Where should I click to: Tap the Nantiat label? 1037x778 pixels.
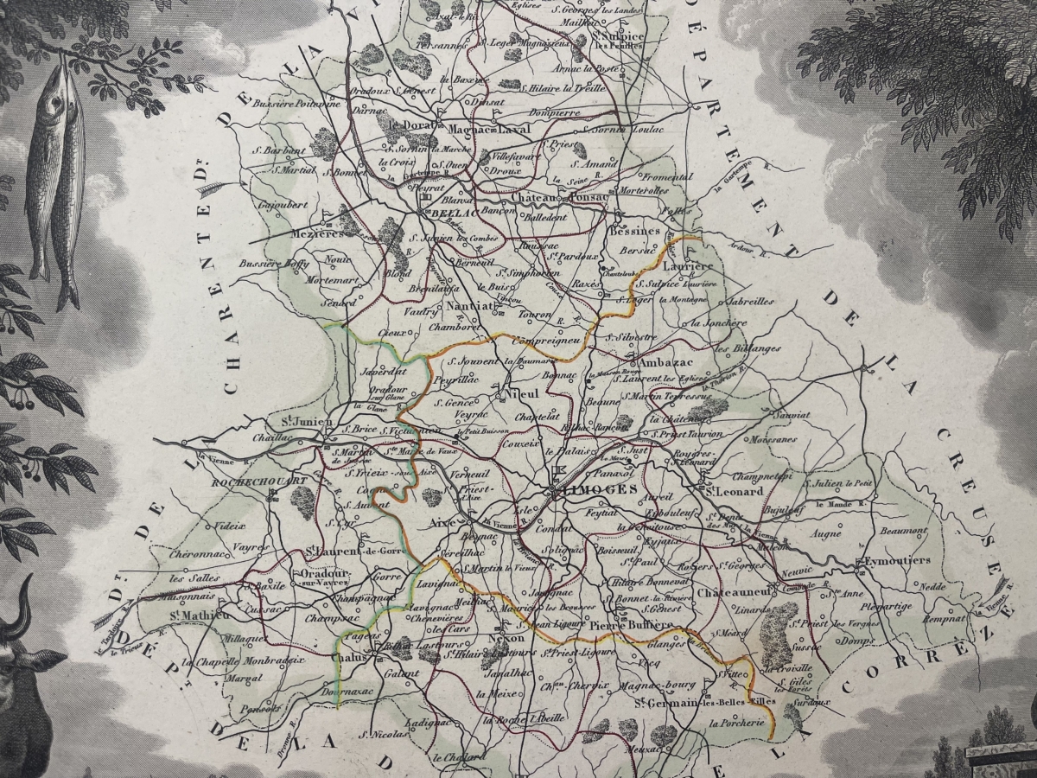[475, 305]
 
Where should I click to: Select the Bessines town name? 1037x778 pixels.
[634, 231]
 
